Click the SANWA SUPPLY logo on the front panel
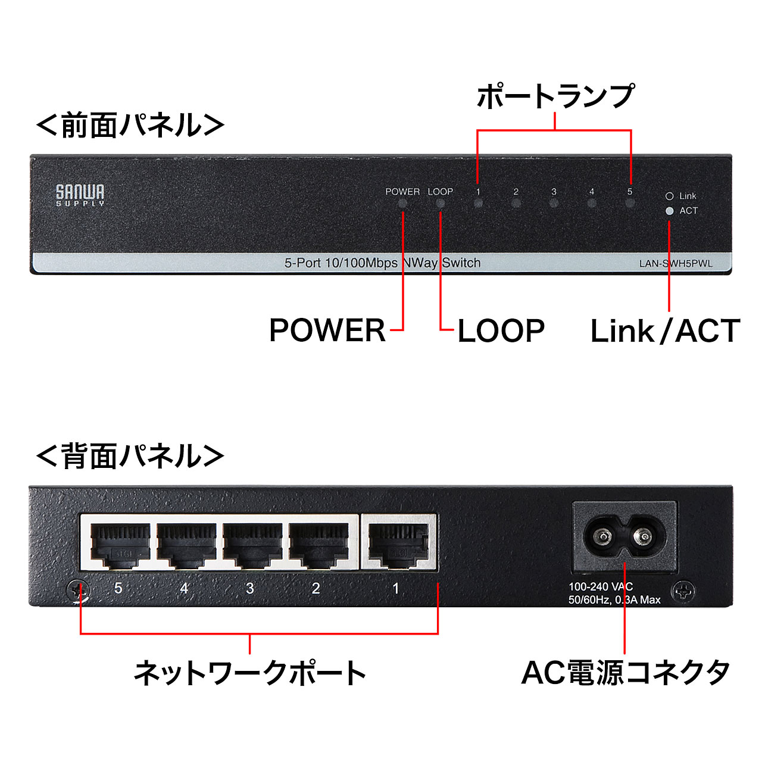click(x=80, y=195)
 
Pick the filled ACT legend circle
click(x=669, y=211)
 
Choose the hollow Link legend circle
click(x=669, y=196)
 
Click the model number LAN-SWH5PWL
click(x=676, y=264)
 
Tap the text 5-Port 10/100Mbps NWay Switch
click(x=382, y=263)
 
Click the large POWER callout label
click(x=327, y=330)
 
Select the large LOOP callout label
click(x=501, y=331)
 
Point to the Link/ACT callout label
click(x=664, y=331)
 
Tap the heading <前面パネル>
click(x=130, y=125)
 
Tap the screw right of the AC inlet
click(x=683, y=592)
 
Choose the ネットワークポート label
click(x=250, y=673)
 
